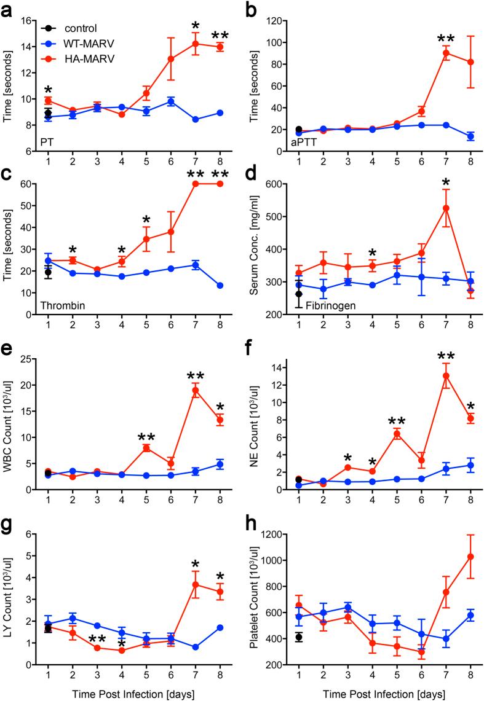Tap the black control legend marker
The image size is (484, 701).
coord(48,28)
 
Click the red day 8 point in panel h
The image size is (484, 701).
coord(470,557)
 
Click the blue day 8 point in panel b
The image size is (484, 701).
coord(470,136)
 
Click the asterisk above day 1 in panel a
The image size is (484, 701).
coord(48,83)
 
